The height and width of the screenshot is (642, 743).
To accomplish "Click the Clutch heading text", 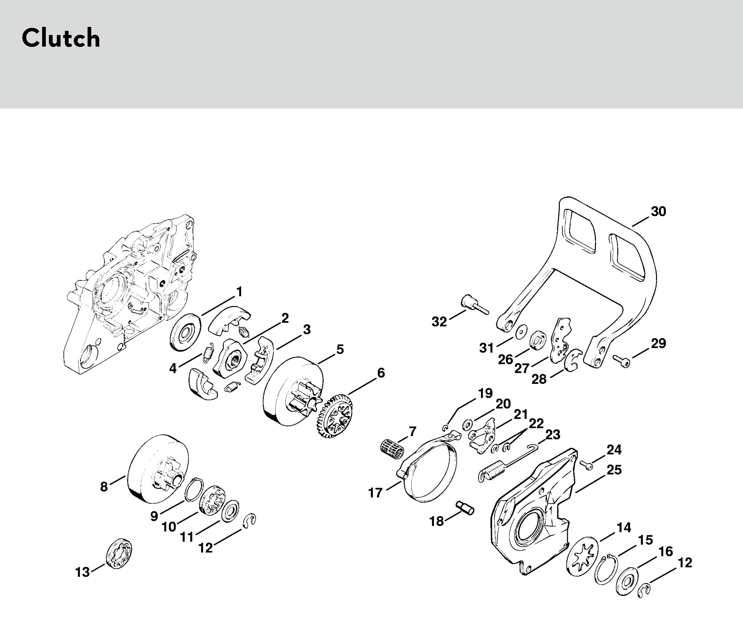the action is pyautogui.click(x=61, y=38).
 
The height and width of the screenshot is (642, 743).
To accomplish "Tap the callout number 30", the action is pyautogui.click(x=658, y=211).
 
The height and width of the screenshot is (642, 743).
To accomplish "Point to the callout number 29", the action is pyautogui.click(x=658, y=343).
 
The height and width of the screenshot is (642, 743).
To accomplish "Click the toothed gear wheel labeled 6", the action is pyautogui.click(x=334, y=416).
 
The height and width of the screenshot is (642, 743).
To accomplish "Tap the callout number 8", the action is pyautogui.click(x=104, y=486).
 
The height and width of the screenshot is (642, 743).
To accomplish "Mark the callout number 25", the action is pyautogui.click(x=614, y=469).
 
